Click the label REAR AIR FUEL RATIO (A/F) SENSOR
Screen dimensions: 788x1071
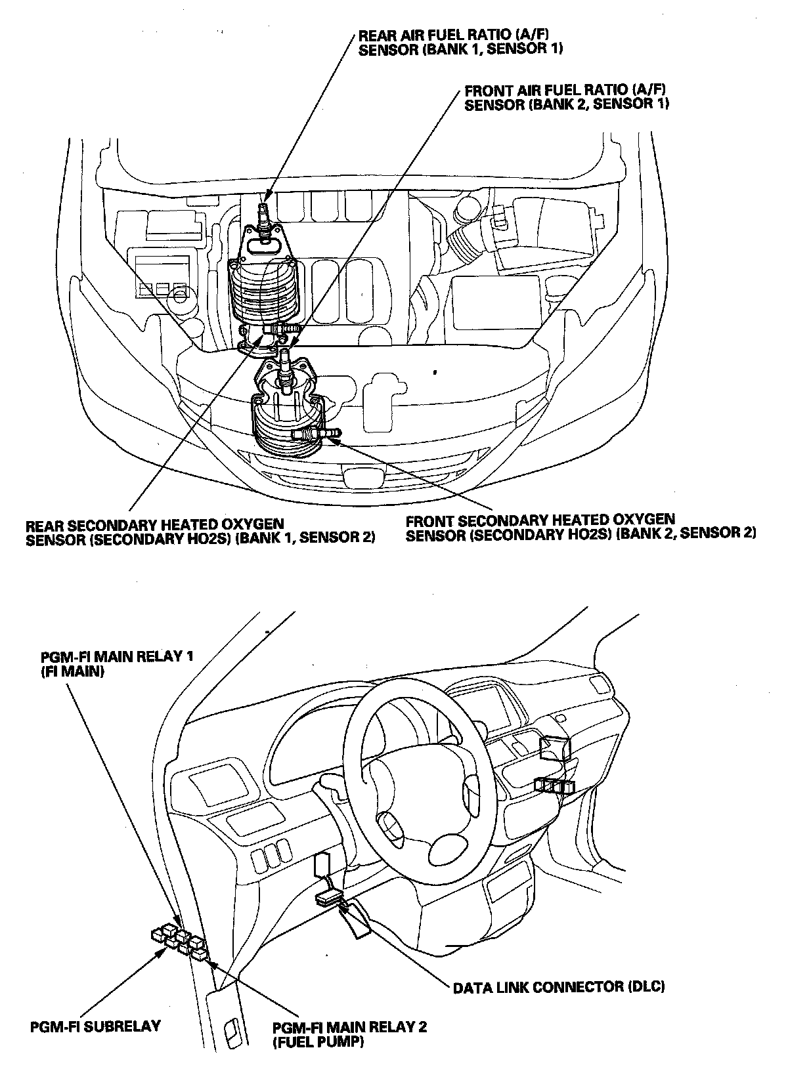460,42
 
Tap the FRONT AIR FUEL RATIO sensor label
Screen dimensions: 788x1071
567,98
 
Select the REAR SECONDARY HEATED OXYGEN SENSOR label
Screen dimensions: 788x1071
200,532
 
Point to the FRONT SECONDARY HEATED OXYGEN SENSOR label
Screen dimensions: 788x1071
580,528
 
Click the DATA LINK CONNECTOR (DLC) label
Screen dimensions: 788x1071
558,986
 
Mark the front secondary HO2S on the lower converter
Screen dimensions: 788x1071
317,433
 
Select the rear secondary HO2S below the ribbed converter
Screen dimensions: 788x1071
282,329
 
